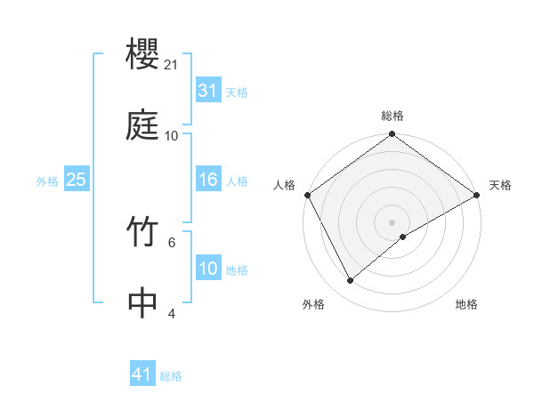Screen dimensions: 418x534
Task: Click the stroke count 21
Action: [171, 66]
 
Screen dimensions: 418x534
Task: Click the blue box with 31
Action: [207, 92]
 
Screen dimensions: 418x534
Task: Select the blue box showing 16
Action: [207, 181]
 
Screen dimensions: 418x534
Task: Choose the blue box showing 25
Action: [76, 181]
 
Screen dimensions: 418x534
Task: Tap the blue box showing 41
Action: [142, 375]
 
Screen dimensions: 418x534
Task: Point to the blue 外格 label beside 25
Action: [47, 181]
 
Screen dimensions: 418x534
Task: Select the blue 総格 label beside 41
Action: [171, 376]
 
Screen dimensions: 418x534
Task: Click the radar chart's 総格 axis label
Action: [392, 116]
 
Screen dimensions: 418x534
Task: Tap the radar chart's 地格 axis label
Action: [466, 305]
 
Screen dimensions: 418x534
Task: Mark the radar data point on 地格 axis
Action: [403, 237]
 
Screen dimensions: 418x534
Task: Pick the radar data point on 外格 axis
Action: [350, 281]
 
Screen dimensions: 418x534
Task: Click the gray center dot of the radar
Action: [392, 221]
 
